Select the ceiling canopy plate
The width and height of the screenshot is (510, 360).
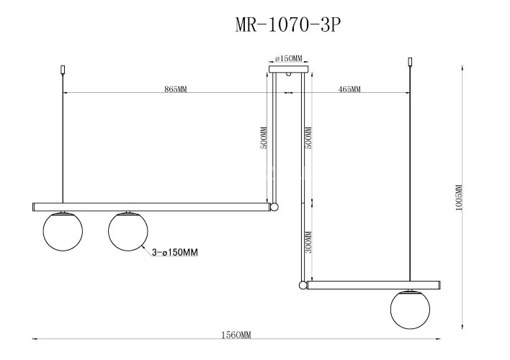tap(288, 70)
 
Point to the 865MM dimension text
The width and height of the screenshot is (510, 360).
tap(176, 90)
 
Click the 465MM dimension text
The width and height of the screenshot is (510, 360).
tap(349, 90)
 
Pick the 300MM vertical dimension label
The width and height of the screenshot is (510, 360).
tap(308, 244)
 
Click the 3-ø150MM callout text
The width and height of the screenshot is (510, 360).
tap(174, 253)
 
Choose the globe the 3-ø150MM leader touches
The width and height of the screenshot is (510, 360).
tap(128, 232)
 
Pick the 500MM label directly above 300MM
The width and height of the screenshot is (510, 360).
tap(308, 138)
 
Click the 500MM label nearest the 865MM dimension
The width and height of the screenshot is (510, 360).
tap(264, 138)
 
